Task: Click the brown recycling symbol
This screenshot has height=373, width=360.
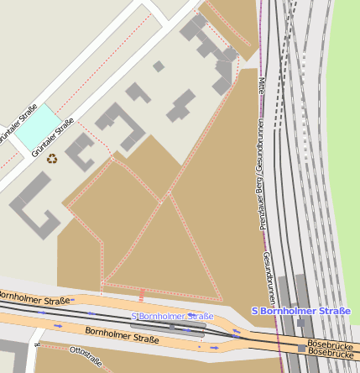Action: coord(52,157)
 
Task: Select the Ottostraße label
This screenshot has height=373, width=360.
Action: coord(86,356)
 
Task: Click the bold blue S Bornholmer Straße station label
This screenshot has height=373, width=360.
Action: coord(301,311)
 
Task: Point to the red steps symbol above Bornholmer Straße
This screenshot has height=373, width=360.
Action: coord(142,295)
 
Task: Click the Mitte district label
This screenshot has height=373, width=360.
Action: coord(262,86)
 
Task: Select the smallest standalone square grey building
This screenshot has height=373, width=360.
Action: coord(159,66)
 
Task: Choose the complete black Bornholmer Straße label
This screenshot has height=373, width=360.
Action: coord(122,337)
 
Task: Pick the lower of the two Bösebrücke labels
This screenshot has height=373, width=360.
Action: coord(330,353)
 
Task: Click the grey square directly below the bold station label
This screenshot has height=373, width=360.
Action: coord(300,323)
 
